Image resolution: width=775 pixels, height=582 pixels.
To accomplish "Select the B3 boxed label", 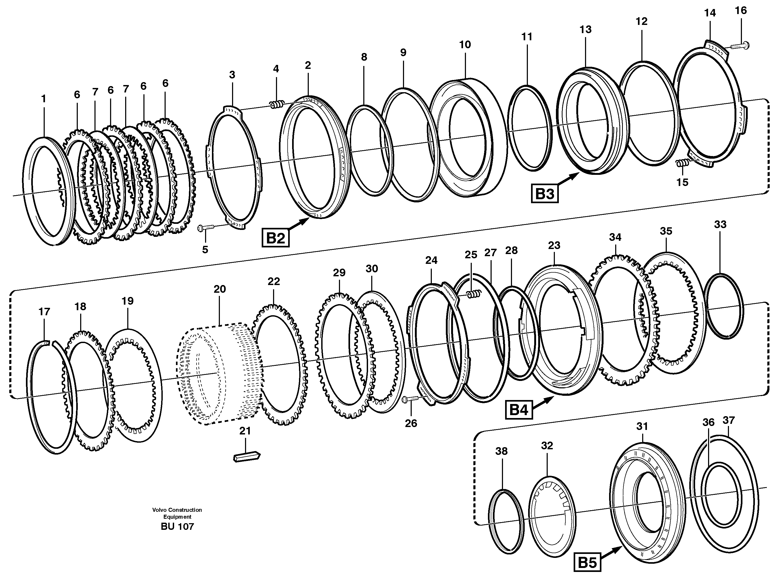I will tap(545, 194).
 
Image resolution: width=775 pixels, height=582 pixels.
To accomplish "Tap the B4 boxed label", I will tap(519, 410).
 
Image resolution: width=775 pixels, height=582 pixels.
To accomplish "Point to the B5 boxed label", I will tap(587, 563).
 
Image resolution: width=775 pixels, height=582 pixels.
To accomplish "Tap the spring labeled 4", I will tap(277, 104).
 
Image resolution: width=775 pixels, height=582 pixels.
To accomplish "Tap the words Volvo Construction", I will tap(177, 510).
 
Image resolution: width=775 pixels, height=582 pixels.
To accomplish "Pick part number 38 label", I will tap(501, 451).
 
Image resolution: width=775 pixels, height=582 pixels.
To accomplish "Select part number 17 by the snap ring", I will tap(44, 312).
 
